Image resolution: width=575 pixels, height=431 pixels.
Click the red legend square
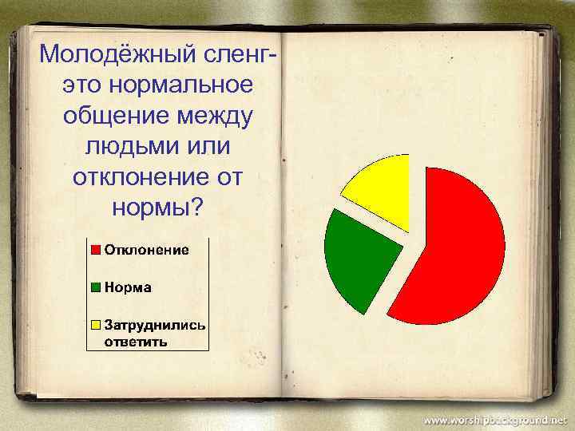point(95,250)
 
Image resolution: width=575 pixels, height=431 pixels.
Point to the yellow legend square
point(95,326)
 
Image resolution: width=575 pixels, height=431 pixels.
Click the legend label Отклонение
point(147,250)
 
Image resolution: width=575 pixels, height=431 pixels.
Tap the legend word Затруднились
point(154,326)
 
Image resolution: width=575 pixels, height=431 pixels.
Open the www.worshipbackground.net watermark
point(494,419)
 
